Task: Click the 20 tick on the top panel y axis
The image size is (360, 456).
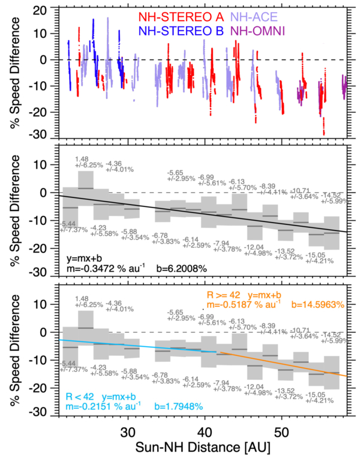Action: pos(40,10)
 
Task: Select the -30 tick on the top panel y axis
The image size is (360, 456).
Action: pos(37,133)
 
